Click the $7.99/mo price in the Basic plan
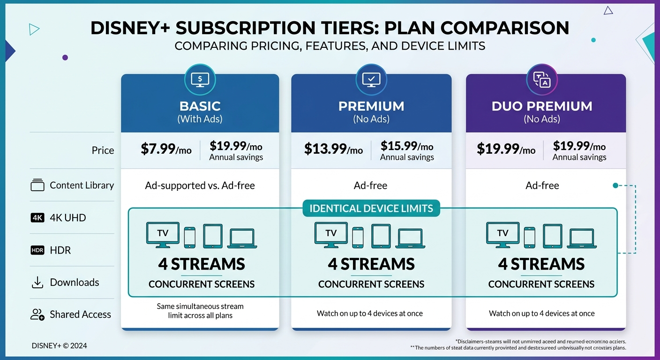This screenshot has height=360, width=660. (x=166, y=149)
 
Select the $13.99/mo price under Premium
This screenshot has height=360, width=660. (x=333, y=149)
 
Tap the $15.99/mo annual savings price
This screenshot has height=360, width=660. (x=406, y=146)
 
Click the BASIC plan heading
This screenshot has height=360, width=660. (x=200, y=106)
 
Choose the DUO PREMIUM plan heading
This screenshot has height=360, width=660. (x=542, y=106)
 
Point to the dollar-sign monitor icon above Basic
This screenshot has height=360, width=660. (x=200, y=79)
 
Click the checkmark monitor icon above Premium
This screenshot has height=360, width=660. (x=371, y=79)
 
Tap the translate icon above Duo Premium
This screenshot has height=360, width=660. (x=542, y=79)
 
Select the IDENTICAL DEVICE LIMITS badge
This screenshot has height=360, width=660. (x=371, y=208)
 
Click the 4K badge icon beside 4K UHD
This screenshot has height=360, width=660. (x=37, y=217)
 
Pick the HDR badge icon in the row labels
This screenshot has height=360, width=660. (x=37, y=250)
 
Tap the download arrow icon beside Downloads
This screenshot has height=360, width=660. (x=37, y=282)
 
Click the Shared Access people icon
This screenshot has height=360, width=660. (x=37, y=315)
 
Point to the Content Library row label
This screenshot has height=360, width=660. (x=82, y=185)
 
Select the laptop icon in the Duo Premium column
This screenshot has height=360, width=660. (x=581, y=238)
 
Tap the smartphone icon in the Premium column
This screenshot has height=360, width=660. (x=358, y=237)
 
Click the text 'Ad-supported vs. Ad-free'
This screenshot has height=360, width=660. (x=200, y=186)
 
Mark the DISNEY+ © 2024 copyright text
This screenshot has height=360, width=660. (x=59, y=346)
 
